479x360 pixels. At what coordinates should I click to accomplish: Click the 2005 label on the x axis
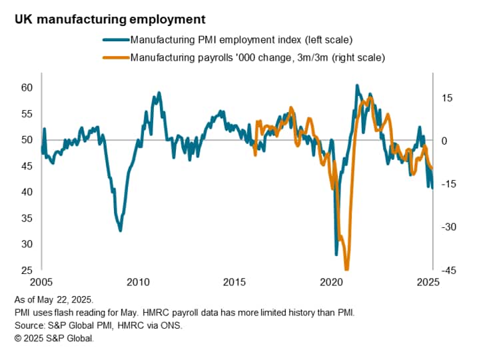tap(41, 282)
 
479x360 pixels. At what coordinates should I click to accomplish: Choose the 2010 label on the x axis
tap(139, 282)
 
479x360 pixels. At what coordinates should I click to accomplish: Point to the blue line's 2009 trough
tap(121, 230)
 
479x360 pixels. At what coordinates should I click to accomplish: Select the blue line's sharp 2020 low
tap(336, 254)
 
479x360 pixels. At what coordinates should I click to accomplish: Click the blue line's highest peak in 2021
tap(357, 86)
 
